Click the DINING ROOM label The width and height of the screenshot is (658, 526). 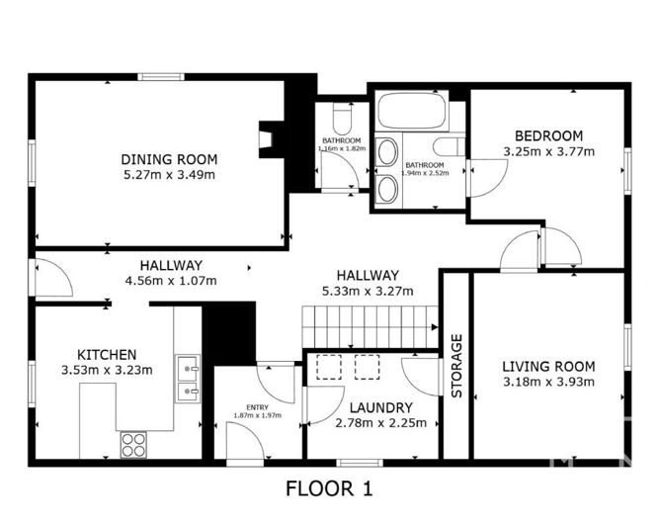pyautogui.click(x=169, y=159)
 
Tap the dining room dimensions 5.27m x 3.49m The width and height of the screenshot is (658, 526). pyautogui.click(x=169, y=174)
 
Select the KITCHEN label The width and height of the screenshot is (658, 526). pyautogui.click(x=107, y=354)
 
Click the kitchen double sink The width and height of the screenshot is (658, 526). pyautogui.click(x=187, y=379)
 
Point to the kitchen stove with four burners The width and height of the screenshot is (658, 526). pyautogui.click(x=133, y=444)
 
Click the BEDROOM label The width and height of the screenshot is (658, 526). pyautogui.click(x=548, y=135)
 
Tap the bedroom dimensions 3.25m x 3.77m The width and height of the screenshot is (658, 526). pyautogui.click(x=548, y=151)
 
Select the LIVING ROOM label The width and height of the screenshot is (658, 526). pyautogui.click(x=548, y=366)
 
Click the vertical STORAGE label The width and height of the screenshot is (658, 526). pyautogui.click(x=456, y=366)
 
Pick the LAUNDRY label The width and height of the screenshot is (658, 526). pyautogui.click(x=380, y=407)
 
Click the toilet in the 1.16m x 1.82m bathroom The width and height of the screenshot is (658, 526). pyautogui.click(x=342, y=120)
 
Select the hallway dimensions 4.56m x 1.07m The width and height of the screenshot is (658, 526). pyautogui.click(x=170, y=280)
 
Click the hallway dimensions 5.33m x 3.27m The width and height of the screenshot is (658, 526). pyautogui.click(x=367, y=291)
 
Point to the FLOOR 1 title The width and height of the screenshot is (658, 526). pyautogui.click(x=329, y=488)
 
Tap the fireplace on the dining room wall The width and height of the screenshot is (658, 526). pyautogui.click(x=267, y=138)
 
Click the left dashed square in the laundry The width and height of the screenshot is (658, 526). pyautogui.click(x=327, y=367)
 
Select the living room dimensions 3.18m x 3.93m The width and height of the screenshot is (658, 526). pyautogui.click(x=548, y=382)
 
